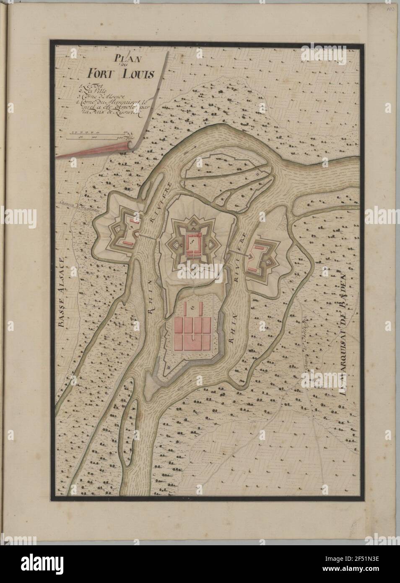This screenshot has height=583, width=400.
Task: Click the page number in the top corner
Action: tap(390, 8)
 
